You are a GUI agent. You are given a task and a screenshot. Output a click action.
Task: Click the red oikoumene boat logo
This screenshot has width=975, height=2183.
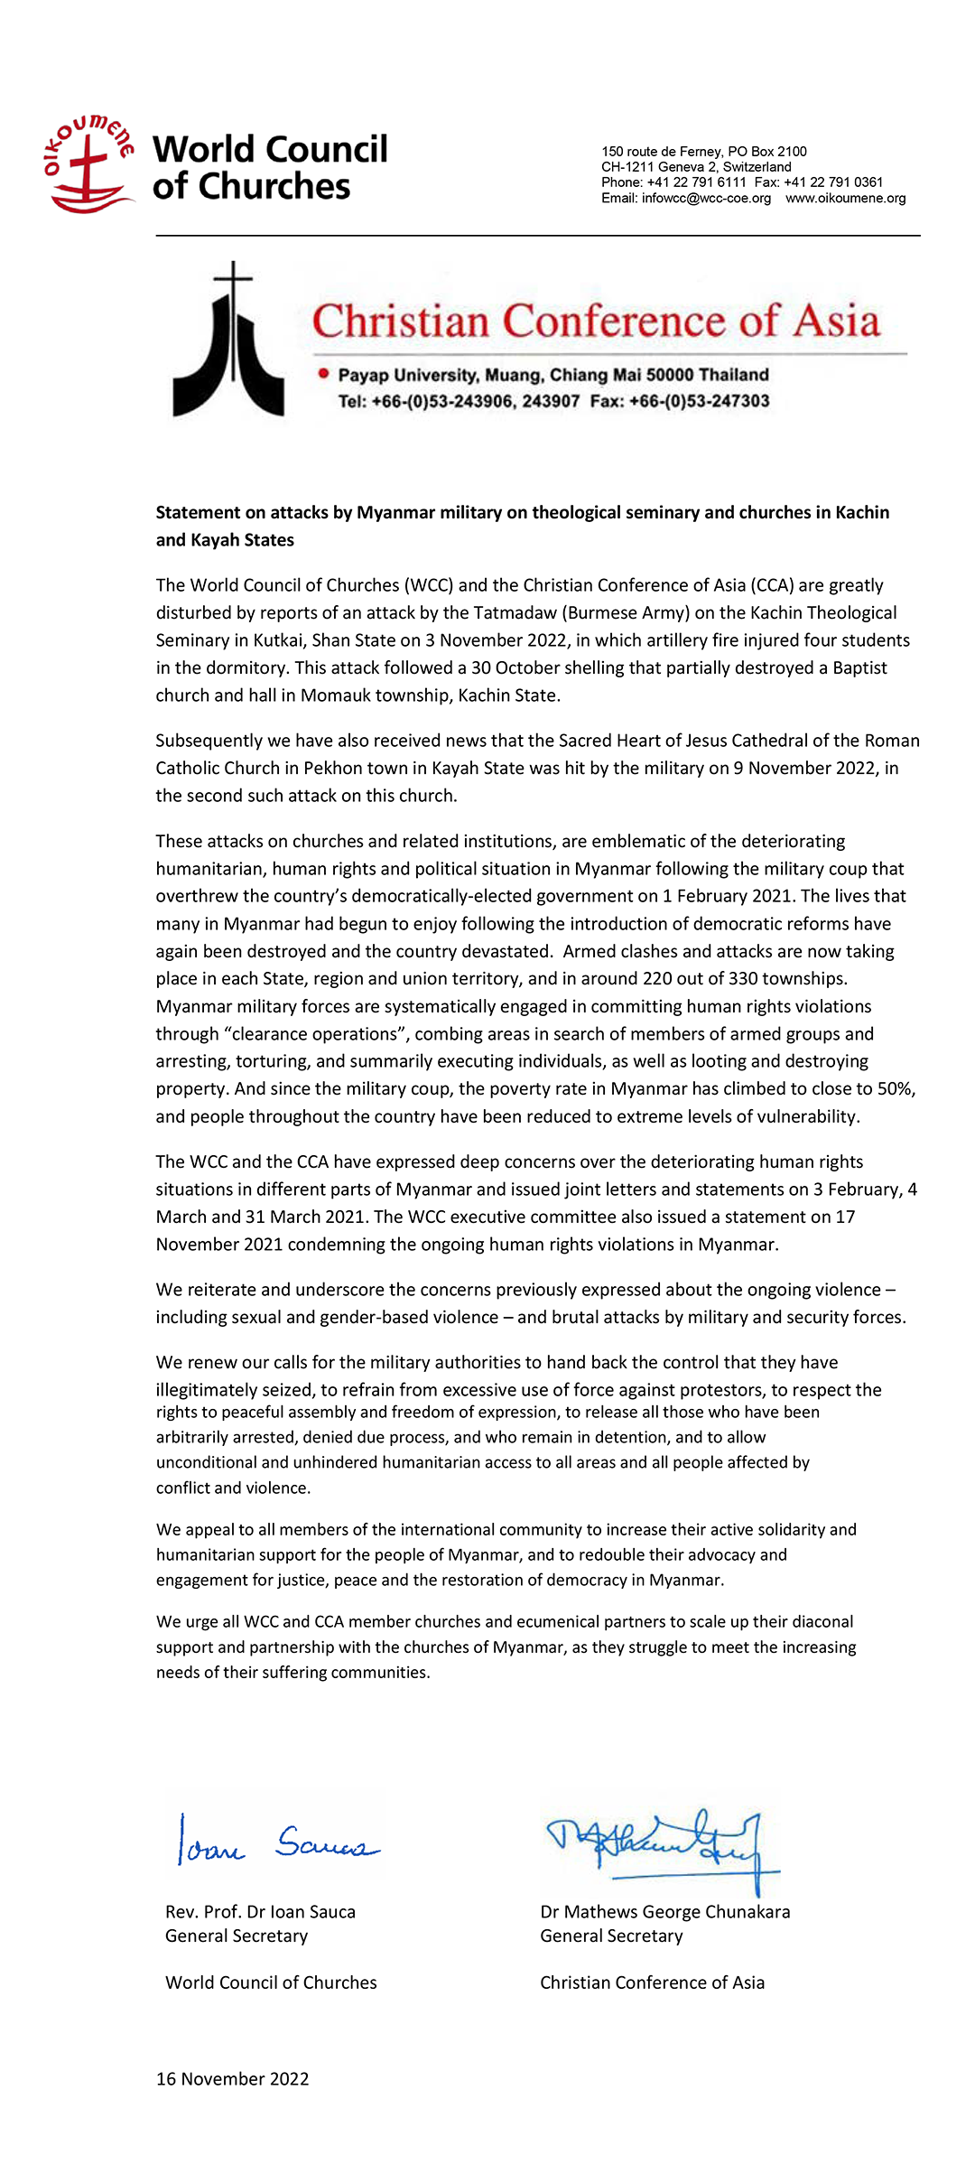pyautogui.click(x=88, y=165)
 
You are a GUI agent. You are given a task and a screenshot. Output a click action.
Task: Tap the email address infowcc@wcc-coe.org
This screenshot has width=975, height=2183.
pyautogui.click(x=706, y=199)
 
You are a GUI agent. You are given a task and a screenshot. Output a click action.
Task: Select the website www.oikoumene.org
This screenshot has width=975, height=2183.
pyautogui.click(x=845, y=199)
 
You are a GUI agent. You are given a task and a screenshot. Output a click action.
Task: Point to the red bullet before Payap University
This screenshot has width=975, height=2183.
pyautogui.click(x=323, y=375)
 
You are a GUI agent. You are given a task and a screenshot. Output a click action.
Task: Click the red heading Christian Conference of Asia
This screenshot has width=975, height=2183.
pyautogui.click(x=596, y=322)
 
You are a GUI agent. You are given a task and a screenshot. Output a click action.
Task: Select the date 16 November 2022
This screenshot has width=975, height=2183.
pyautogui.click(x=232, y=2079)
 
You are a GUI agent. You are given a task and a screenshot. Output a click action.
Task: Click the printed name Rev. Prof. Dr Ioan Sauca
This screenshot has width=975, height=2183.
pyautogui.click(x=260, y=1912)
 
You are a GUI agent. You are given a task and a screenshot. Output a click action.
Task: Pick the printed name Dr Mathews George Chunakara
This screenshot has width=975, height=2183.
pyautogui.click(x=664, y=1912)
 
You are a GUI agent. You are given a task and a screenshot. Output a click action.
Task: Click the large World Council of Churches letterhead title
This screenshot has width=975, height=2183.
pyautogui.click(x=270, y=167)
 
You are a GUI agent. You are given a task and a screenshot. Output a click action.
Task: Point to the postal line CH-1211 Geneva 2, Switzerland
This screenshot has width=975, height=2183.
pyautogui.click(x=696, y=167)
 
